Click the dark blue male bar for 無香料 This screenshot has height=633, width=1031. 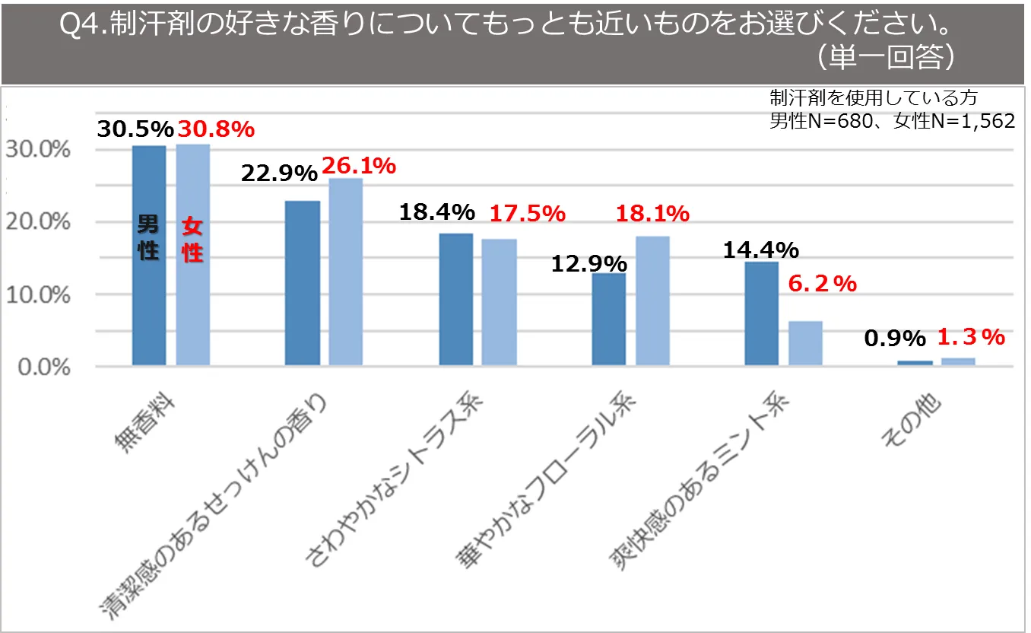[149, 304]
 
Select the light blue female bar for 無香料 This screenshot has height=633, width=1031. [193, 304]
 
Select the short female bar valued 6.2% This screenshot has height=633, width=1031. [805, 343]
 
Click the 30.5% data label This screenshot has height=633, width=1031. [135, 129]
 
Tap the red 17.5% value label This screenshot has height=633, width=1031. [527, 214]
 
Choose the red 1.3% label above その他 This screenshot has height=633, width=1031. [971, 336]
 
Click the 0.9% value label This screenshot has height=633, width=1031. [895, 338]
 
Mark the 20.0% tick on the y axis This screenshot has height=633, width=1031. [38, 222]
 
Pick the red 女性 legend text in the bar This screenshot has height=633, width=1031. [193, 240]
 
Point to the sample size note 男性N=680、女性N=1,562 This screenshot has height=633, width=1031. [891, 121]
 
